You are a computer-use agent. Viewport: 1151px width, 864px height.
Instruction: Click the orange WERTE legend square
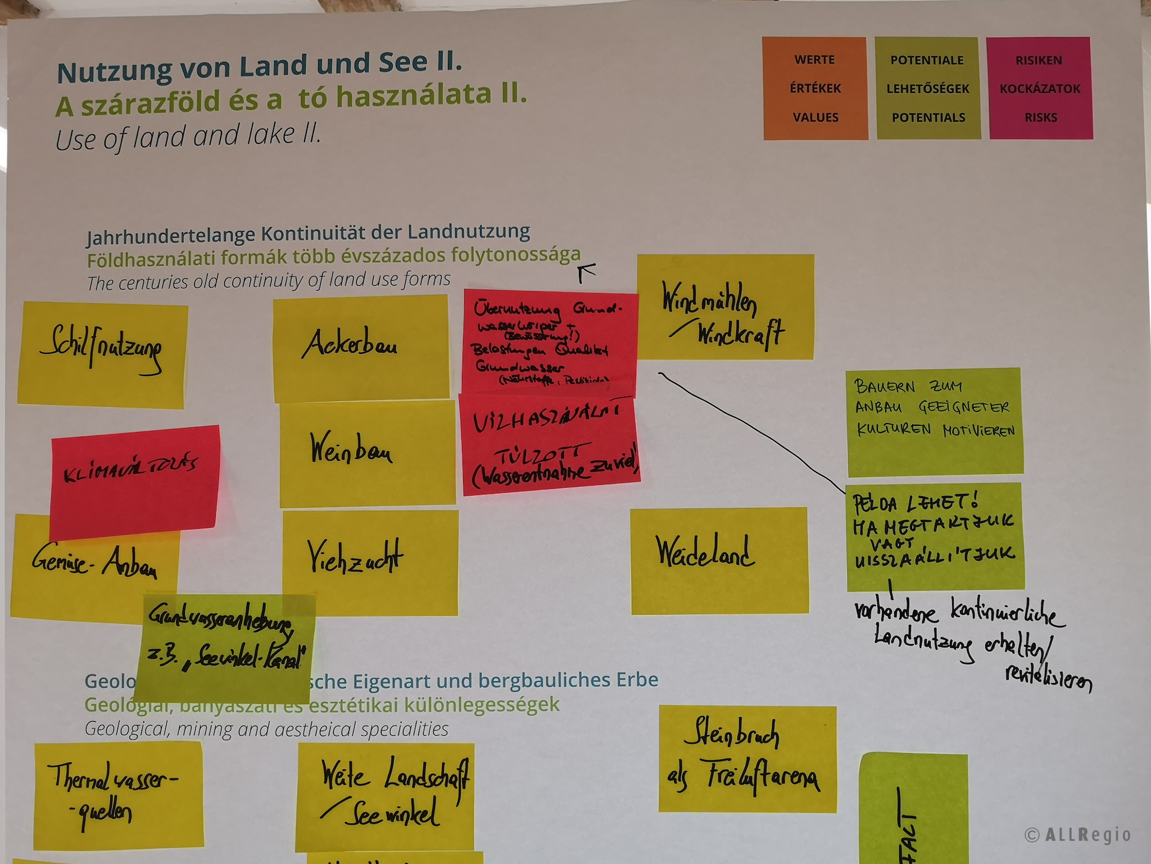click(815, 88)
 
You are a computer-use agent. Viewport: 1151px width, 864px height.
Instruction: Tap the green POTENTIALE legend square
click(928, 88)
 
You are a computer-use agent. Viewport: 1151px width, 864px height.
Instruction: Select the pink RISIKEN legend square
click(1040, 88)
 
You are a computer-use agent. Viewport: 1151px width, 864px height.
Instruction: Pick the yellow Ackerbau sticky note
click(361, 348)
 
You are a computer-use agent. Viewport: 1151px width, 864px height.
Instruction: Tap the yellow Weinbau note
click(368, 453)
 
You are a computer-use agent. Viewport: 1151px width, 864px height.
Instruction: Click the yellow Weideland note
click(719, 560)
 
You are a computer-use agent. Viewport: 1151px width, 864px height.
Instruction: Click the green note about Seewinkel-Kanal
click(225, 647)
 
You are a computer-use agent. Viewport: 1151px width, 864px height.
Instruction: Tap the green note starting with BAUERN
click(934, 422)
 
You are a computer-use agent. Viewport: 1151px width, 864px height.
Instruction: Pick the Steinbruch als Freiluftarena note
click(747, 759)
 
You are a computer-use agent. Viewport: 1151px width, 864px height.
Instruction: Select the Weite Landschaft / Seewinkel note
click(386, 795)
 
